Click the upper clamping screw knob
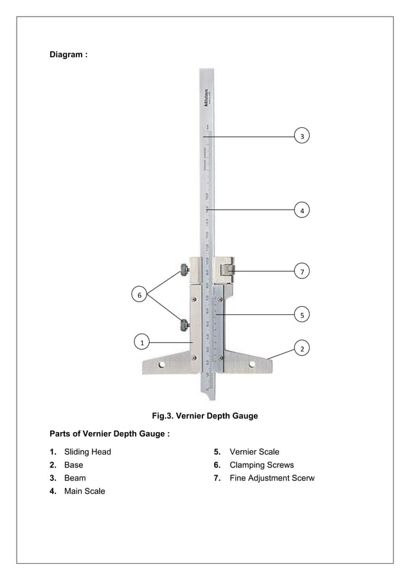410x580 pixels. click(185, 271)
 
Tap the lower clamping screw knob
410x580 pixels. click(185, 325)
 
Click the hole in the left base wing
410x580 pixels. click(162, 365)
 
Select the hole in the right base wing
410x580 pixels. click(253, 365)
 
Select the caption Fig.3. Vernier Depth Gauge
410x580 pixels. click(204, 416)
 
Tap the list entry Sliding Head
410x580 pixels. click(87, 452)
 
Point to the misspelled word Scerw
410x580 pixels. click(301, 478)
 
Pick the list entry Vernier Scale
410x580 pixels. click(254, 452)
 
